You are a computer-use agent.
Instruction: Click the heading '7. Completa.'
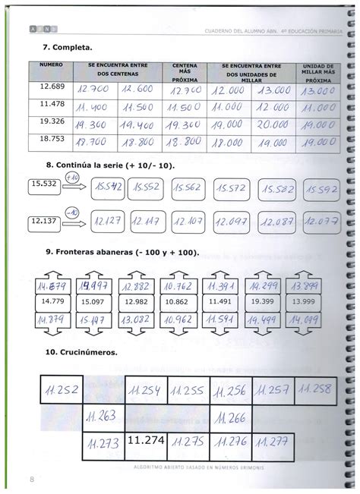(x=62, y=46)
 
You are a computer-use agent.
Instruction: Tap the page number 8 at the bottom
(x=33, y=478)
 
